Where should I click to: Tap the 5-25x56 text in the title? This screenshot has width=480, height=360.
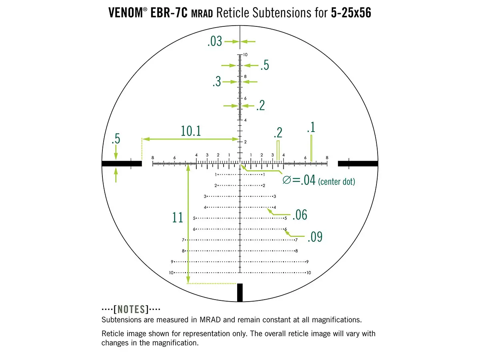pyautogui.click(x=351, y=13)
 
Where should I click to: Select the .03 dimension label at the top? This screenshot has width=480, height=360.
pyautogui.click(x=215, y=41)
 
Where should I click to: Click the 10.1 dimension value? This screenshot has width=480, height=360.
pyautogui.click(x=191, y=131)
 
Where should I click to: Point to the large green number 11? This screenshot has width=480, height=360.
pyautogui.click(x=178, y=218)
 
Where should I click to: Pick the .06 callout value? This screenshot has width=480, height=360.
pyautogui.click(x=300, y=215)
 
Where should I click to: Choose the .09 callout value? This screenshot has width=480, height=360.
pyautogui.click(x=315, y=237)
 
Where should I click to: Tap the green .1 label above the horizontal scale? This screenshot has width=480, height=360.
pyautogui.click(x=311, y=128)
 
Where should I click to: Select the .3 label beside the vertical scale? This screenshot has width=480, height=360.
pyautogui.click(x=216, y=82)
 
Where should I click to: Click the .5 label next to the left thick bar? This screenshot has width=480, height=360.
pyautogui.click(x=116, y=140)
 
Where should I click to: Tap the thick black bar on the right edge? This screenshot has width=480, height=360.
pyautogui.click(x=358, y=163)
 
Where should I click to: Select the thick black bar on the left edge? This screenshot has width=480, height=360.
pyautogui.click(x=122, y=163)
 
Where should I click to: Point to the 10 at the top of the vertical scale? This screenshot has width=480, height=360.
pyautogui.click(x=245, y=54)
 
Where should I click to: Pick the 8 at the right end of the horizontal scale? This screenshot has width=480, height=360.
pyautogui.click(x=327, y=158)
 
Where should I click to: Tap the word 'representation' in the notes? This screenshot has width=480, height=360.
pyautogui.click(x=212, y=334)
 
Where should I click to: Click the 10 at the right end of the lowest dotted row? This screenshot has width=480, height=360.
pyautogui.click(x=308, y=273)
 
